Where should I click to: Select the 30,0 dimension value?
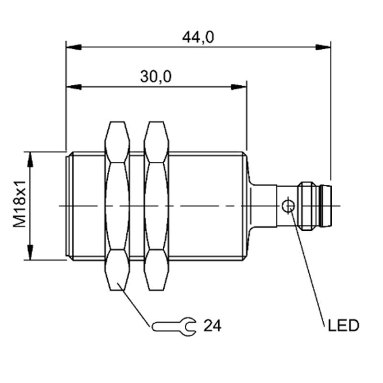coord(156,77)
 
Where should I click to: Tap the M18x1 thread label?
coord(20,204)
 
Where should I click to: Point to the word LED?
coord(343,326)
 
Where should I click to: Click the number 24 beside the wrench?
coord(212,326)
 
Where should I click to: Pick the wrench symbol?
coord(174,327)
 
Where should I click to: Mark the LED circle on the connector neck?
coord(288,206)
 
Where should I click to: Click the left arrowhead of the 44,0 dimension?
coord(74,47)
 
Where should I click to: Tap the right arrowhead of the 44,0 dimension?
coord(323,47)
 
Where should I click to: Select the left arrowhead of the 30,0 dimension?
coord(74,87)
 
